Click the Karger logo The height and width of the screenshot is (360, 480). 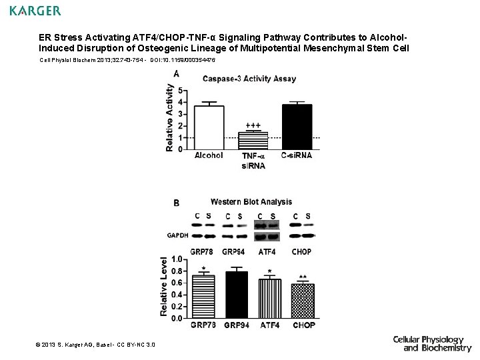pos(35,11)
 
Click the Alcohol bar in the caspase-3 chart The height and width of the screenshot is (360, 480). pos(209,128)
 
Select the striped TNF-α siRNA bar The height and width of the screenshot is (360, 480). pos(253,141)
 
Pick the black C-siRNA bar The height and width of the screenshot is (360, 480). pos(297,127)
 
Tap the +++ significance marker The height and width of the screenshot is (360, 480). pos(253,125)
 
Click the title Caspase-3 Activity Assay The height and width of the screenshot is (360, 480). pos(249,79)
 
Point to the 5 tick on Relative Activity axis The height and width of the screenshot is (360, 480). pos(181,91)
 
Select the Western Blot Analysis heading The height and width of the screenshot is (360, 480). pos(251,202)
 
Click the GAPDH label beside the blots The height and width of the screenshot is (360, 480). pos(177,235)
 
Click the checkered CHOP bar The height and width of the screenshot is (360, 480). pos(303,301)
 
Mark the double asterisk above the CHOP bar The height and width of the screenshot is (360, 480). pos(303,277)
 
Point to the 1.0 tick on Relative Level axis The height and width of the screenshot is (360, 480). pos(177,259)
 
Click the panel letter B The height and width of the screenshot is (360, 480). pos(176,203)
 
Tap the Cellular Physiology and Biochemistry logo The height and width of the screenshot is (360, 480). pos(431,343)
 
